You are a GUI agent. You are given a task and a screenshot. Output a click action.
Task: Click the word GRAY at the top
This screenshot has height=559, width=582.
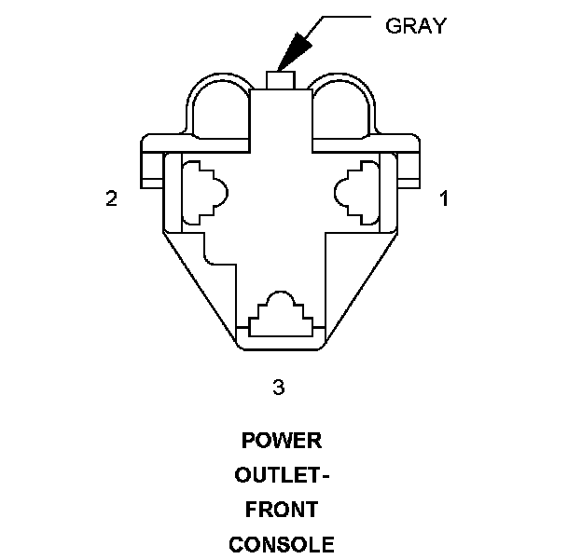415,25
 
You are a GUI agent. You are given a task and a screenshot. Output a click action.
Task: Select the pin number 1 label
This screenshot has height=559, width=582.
444,198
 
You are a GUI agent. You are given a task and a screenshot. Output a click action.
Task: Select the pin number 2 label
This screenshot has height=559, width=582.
112,198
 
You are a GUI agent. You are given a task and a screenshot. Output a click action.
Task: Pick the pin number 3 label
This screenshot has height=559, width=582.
278,388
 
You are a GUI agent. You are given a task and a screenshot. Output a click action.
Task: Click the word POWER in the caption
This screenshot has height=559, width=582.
281,441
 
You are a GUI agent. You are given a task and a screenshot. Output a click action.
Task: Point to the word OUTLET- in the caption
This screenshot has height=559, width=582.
281,475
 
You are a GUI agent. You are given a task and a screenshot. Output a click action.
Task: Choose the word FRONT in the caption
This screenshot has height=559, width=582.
281,510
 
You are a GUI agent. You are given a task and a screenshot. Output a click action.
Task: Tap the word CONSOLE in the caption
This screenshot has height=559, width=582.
281,544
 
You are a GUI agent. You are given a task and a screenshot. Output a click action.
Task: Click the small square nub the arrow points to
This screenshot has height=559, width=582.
281,80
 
